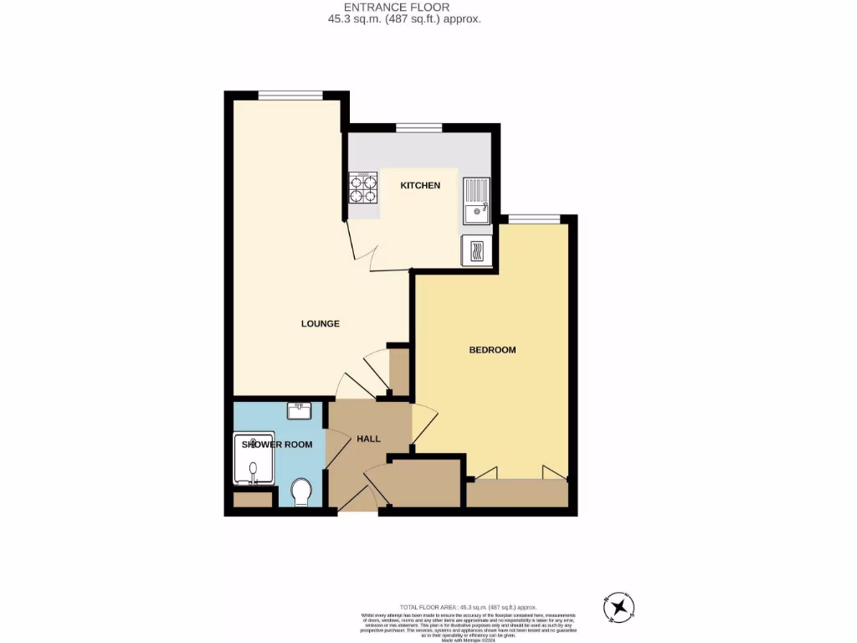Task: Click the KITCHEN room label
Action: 419,185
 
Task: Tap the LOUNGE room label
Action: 320,323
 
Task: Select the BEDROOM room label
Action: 492,349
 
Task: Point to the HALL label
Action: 368,439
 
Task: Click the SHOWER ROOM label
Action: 277,445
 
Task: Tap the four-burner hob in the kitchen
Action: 363,188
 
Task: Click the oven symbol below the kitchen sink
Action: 476,250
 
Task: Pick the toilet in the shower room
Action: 301,491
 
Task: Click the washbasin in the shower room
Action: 299,410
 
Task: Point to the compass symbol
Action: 618,606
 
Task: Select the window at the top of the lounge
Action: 290,95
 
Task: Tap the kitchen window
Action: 418,128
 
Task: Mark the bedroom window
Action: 534,219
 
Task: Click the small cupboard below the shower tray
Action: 253,500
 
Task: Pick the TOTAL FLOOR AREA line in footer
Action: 468,607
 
